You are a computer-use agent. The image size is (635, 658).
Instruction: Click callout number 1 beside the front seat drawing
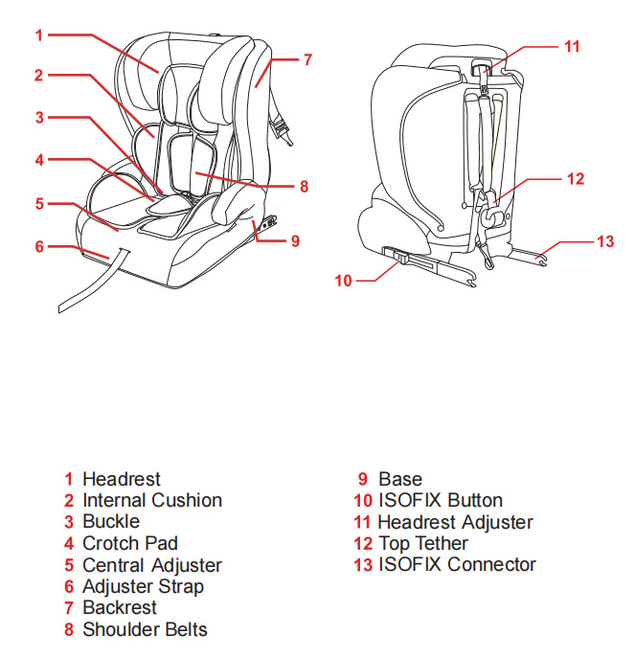click(x=39, y=35)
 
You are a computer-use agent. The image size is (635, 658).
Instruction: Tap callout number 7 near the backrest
click(x=307, y=59)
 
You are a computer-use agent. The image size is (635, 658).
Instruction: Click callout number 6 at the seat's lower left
click(x=39, y=246)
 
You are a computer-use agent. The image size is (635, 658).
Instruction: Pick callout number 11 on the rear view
click(x=572, y=45)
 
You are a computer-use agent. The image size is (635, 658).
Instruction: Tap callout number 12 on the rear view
click(x=575, y=178)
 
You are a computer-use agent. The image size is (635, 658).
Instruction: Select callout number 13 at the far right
click(x=604, y=241)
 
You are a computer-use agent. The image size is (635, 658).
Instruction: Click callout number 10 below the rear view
click(x=344, y=281)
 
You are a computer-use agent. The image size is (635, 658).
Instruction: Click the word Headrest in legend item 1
click(x=122, y=479)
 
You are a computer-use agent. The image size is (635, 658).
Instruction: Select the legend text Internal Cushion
click(x=152, y=500)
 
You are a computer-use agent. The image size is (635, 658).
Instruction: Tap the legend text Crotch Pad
click(x=130, y=543)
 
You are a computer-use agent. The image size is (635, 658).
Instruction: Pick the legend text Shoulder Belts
click(x=145, y=629)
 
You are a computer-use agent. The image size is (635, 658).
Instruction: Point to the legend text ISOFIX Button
click(x=440, y=500)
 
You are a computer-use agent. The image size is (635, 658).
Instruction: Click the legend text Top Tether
click(x=422, y=543)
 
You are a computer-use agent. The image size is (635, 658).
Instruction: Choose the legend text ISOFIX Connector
click(x=457, y=564)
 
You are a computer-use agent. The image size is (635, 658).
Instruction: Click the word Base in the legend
click(x=400, y=479)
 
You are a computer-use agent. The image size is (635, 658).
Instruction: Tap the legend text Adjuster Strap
click(x=143, y=586)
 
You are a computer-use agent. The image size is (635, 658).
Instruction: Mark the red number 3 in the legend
click(x=69, y=522)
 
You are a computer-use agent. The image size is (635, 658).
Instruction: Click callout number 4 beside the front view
click(x=39, y=160)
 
